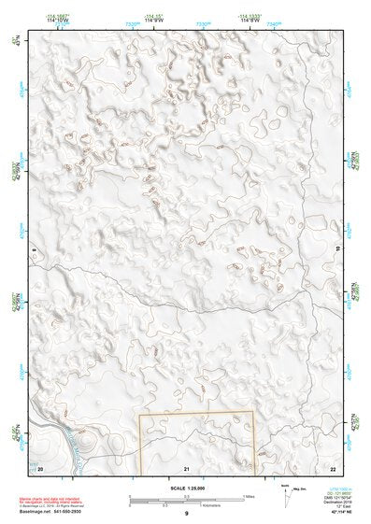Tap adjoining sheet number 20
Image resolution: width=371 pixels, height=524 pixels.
tap(40, 465)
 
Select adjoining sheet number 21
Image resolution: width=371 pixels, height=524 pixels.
tap(187, 466)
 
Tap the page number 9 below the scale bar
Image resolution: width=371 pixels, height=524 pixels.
tap(186, 513)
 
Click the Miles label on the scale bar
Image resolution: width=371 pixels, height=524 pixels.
tap(250, 496)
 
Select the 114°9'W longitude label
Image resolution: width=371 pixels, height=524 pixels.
tap(154, 19)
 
